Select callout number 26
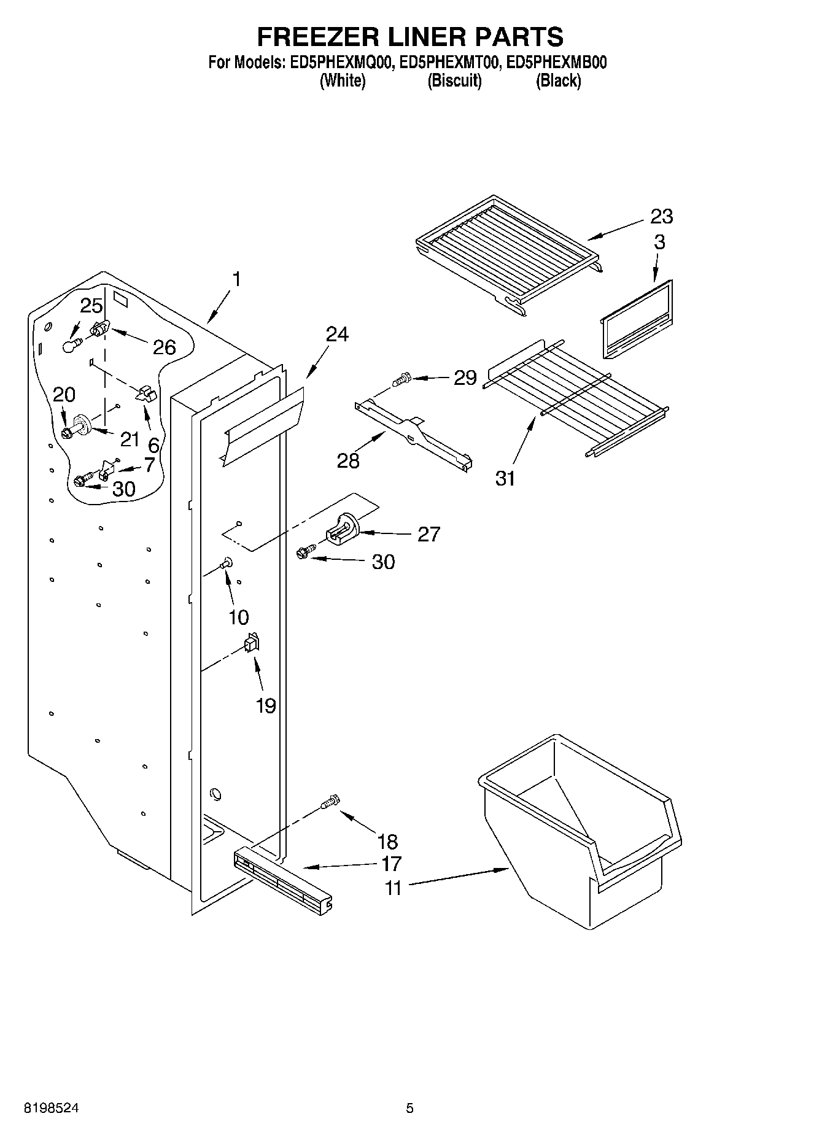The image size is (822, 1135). click(164, 347)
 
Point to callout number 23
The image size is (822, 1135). click(662, 216)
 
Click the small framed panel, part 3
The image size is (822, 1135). click(636, 320)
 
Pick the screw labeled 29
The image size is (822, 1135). click(402, 379)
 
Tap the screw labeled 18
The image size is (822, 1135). click(330, 802)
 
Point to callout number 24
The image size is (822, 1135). click(337, 334)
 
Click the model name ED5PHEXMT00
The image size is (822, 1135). click(447, 62)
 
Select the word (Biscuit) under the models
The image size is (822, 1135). click(454, 80)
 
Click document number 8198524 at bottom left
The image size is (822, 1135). click(51, 1109)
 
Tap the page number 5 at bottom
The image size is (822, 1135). click(409, 1109)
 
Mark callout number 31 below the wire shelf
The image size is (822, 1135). click(505, 478)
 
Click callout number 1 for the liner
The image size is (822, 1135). click(236, 279)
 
